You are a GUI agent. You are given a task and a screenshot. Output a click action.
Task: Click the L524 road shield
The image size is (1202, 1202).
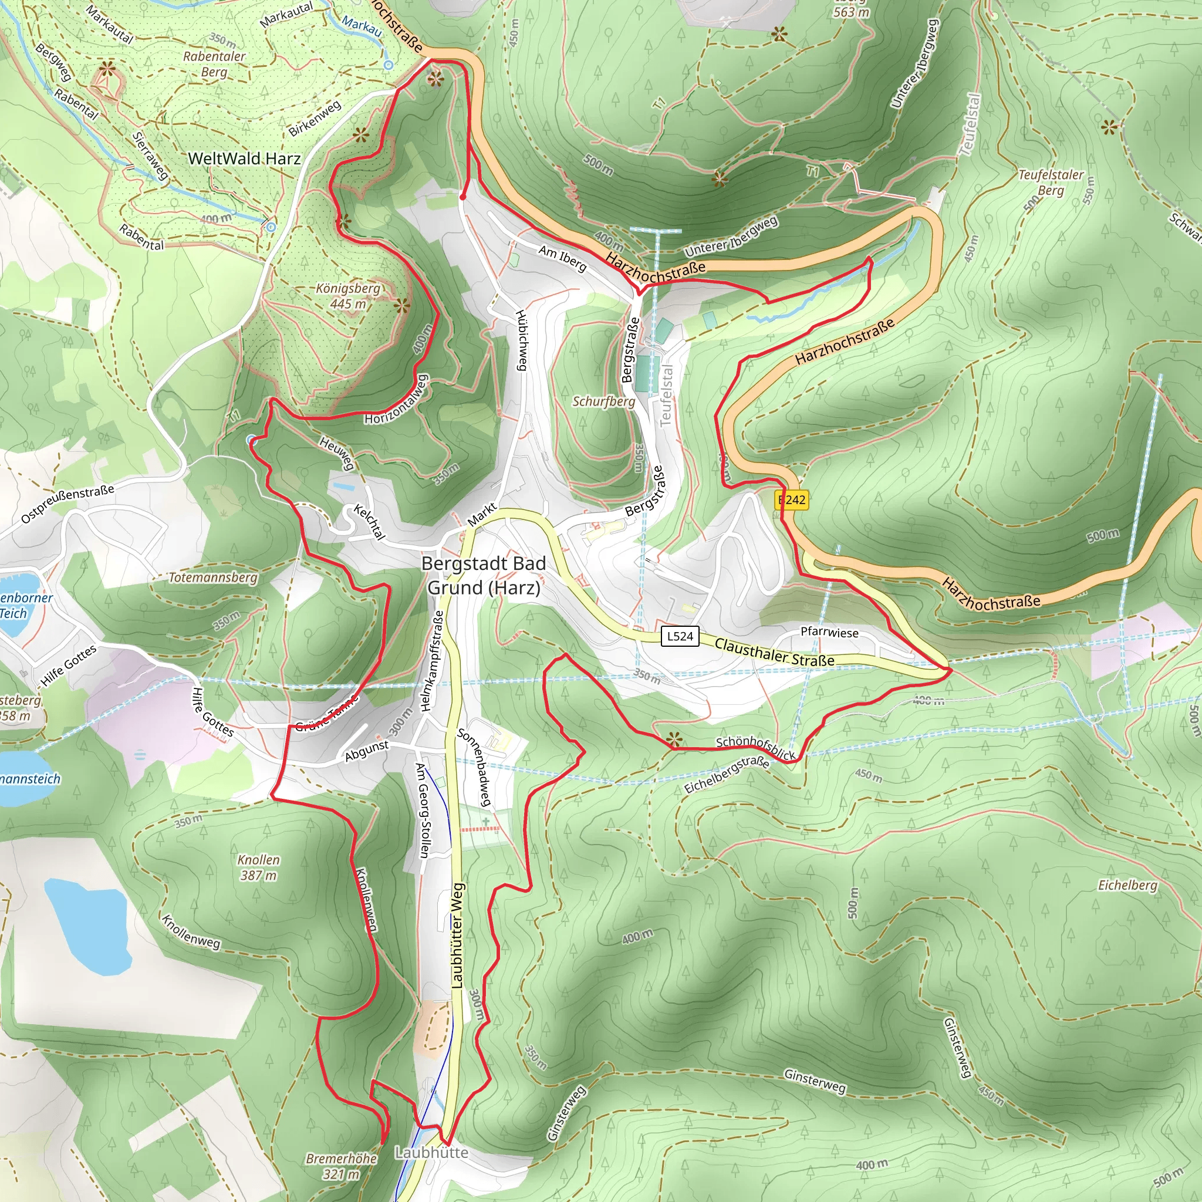coord(680,636)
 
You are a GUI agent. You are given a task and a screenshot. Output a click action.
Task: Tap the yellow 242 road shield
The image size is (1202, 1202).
coord(792,499)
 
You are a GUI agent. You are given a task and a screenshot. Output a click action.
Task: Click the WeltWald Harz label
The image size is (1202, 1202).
coord(244,158)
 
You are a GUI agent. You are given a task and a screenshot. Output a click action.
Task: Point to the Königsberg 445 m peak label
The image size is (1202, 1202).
coord(348,296)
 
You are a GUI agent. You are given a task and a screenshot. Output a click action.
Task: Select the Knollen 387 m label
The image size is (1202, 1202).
coord(259,867)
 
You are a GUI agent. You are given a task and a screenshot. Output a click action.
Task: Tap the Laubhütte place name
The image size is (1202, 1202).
coord(431,1152)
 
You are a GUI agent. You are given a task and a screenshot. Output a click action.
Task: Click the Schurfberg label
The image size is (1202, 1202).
coord(603,401)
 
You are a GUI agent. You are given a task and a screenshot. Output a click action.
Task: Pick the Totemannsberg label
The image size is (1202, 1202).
coord(213,578)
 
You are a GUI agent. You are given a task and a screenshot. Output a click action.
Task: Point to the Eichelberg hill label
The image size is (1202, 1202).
coord(1127,885)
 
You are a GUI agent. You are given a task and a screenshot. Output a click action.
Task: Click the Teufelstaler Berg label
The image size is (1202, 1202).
coord(1051,183)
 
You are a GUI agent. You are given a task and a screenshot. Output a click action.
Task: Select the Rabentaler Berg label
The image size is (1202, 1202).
coord(214,64)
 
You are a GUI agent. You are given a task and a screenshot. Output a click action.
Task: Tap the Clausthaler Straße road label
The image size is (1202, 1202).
coord(774,652)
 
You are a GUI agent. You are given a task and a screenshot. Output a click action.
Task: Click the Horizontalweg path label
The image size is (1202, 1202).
coord(397,400)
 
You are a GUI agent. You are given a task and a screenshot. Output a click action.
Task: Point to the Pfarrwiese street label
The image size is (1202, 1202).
coord(829,632)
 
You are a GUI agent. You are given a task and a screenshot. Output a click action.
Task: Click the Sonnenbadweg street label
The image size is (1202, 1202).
coord(474,768)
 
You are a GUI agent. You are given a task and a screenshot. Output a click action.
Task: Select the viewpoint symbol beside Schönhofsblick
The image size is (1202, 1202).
coord(674,740)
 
